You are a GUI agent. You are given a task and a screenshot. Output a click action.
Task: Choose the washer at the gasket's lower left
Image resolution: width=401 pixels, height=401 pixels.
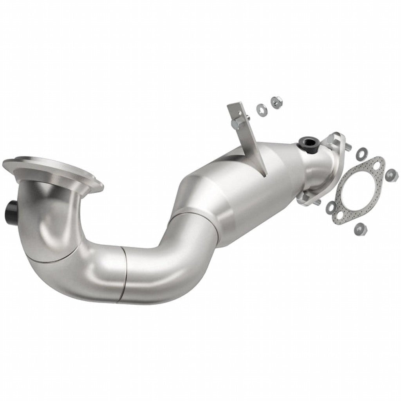click(331, 207)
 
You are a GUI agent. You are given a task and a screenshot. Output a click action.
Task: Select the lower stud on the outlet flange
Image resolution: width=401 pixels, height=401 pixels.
click(317, 202)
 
